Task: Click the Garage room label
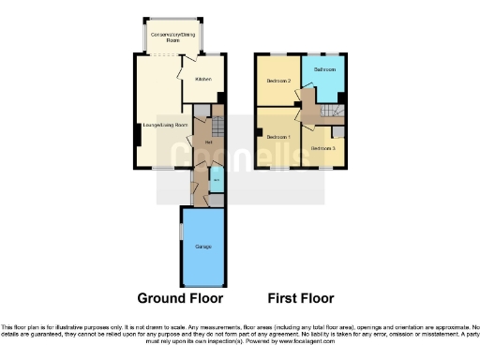(202, 247)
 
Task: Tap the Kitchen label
(203, 79)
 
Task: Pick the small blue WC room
(216, 178)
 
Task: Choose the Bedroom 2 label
(277, 81)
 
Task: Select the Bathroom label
(324, 70)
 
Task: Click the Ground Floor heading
(180, 299)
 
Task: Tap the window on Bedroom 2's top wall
(277, 54)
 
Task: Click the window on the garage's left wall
(181, 232)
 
